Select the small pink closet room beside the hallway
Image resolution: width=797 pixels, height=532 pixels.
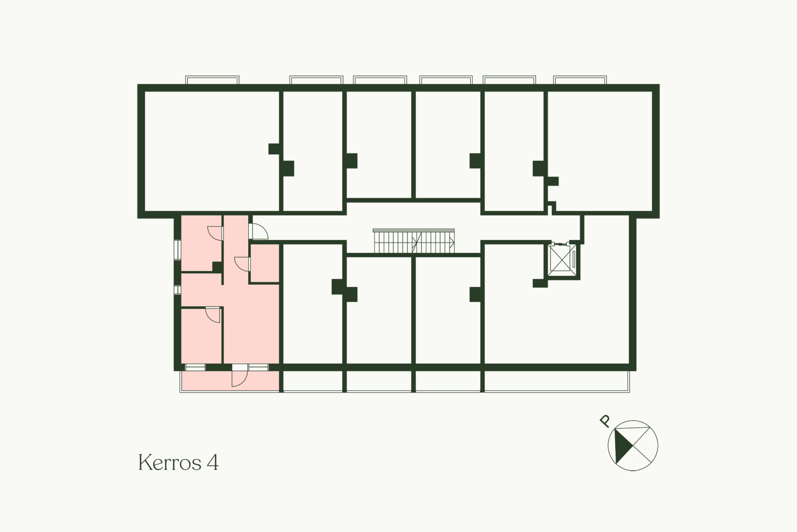point(264,263)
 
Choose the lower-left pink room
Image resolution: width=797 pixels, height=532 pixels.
point(201,336)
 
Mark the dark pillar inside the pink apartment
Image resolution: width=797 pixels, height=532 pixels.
point(217,267)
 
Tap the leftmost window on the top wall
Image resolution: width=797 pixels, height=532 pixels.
point(212,80)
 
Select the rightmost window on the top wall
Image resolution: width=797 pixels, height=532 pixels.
point(580,80)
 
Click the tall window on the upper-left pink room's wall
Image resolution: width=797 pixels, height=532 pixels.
point(177,249)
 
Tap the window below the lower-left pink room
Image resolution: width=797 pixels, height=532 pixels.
point(195,367)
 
